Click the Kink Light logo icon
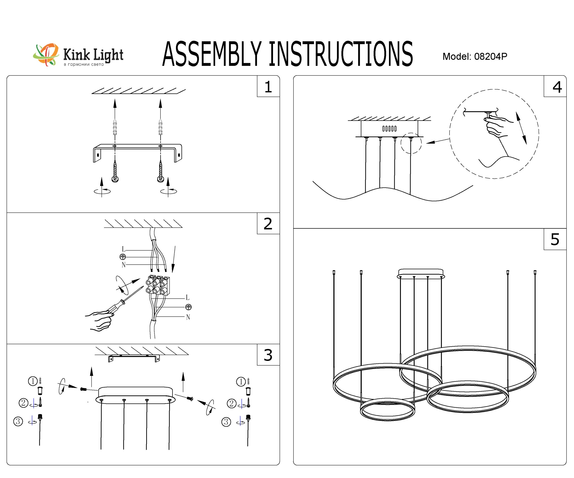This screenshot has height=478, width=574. click(x=46, y=55)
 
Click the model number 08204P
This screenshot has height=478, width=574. click(x=490, y=56)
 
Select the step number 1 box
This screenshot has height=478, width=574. click(x=268, y=87)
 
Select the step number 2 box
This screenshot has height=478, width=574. click(x=268, y=224)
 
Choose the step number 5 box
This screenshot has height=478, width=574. click(x=555, y=239)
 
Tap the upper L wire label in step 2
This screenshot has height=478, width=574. click(x=124, y=249)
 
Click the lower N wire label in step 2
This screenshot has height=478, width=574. click(x=188, y=317)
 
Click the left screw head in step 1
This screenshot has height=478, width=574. click(x=115, y=179)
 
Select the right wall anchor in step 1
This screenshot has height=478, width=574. click(x=160, y=127)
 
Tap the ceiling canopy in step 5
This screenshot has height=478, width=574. click(x=421, y=273)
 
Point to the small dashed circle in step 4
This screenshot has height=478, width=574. click(x=411, y=143)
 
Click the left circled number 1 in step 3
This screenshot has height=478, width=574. click(x=33, y=381)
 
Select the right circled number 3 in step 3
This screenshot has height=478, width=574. click(x=226, y=422)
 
